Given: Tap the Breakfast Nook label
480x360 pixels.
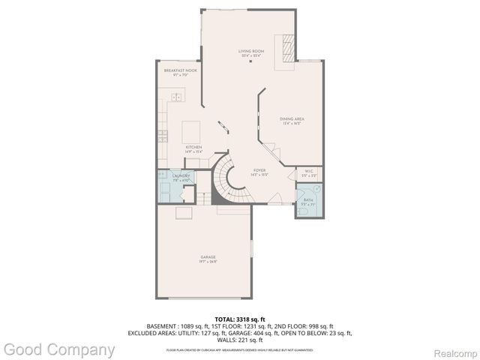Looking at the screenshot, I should point(179,70).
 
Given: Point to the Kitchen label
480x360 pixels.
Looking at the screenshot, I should point(193,148).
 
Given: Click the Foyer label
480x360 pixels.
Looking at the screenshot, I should point(259,171).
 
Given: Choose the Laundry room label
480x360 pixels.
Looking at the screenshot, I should point(170,177).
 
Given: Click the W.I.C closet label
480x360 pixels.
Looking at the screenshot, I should point(309,172).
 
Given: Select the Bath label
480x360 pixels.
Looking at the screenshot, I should point(308,200).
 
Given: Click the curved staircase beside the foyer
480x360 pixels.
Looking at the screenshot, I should point(223,180).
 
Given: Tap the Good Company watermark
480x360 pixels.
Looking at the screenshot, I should point(58,349).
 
